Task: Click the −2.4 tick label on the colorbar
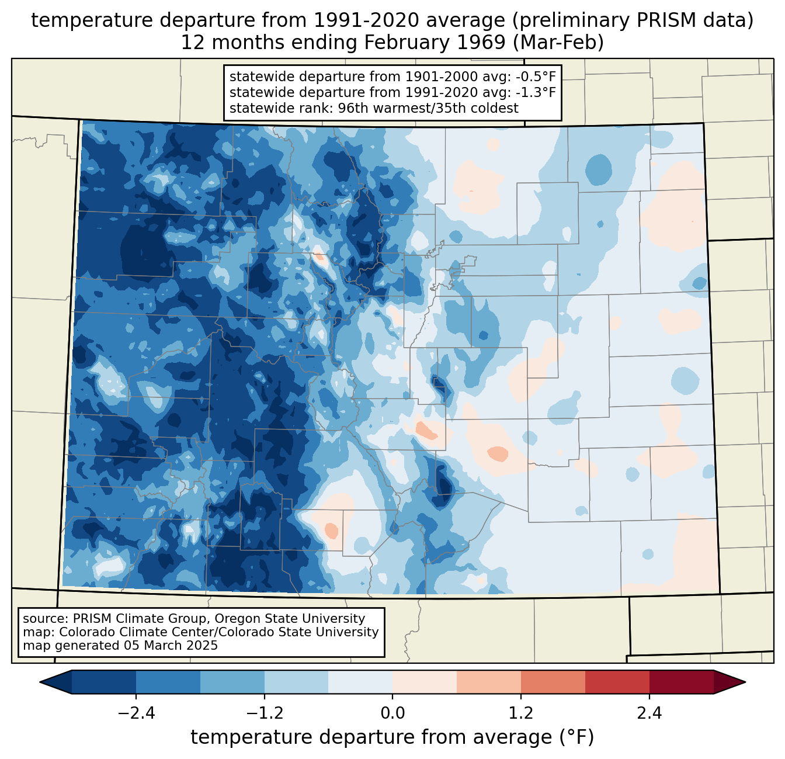tap(136, 713)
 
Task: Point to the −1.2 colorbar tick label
tap(264, 713)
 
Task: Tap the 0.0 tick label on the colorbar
tap(392, 713)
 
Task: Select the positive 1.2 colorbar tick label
tap(521, 713)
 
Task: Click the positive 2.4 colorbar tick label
tap(649, 713)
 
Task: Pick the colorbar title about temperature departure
tap(392, 737)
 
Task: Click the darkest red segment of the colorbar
tap(681, 682)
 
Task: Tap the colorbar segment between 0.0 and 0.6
tap(425, 682)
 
